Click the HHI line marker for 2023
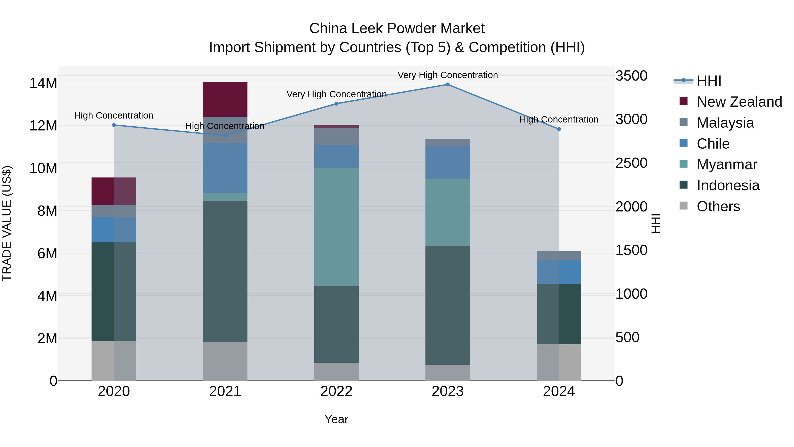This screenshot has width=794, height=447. point(448,85)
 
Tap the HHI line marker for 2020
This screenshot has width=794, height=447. point(114,125)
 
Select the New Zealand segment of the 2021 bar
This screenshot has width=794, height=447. point(225,99)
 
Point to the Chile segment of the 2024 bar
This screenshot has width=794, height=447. point(559,272)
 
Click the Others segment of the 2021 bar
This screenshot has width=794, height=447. point(225,361)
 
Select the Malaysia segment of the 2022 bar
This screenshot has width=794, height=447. point(336,137)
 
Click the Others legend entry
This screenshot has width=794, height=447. point(718,206)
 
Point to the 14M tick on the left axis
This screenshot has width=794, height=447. point(43,83)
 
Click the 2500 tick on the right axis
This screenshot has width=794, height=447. point(631,163)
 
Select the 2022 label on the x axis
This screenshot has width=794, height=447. point(336,391)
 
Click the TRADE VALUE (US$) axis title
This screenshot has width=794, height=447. point(7,223)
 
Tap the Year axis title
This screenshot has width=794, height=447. point(336,419)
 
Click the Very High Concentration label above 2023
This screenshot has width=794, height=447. point(448,75)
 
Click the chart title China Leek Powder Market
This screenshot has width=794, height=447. point(397,28)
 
